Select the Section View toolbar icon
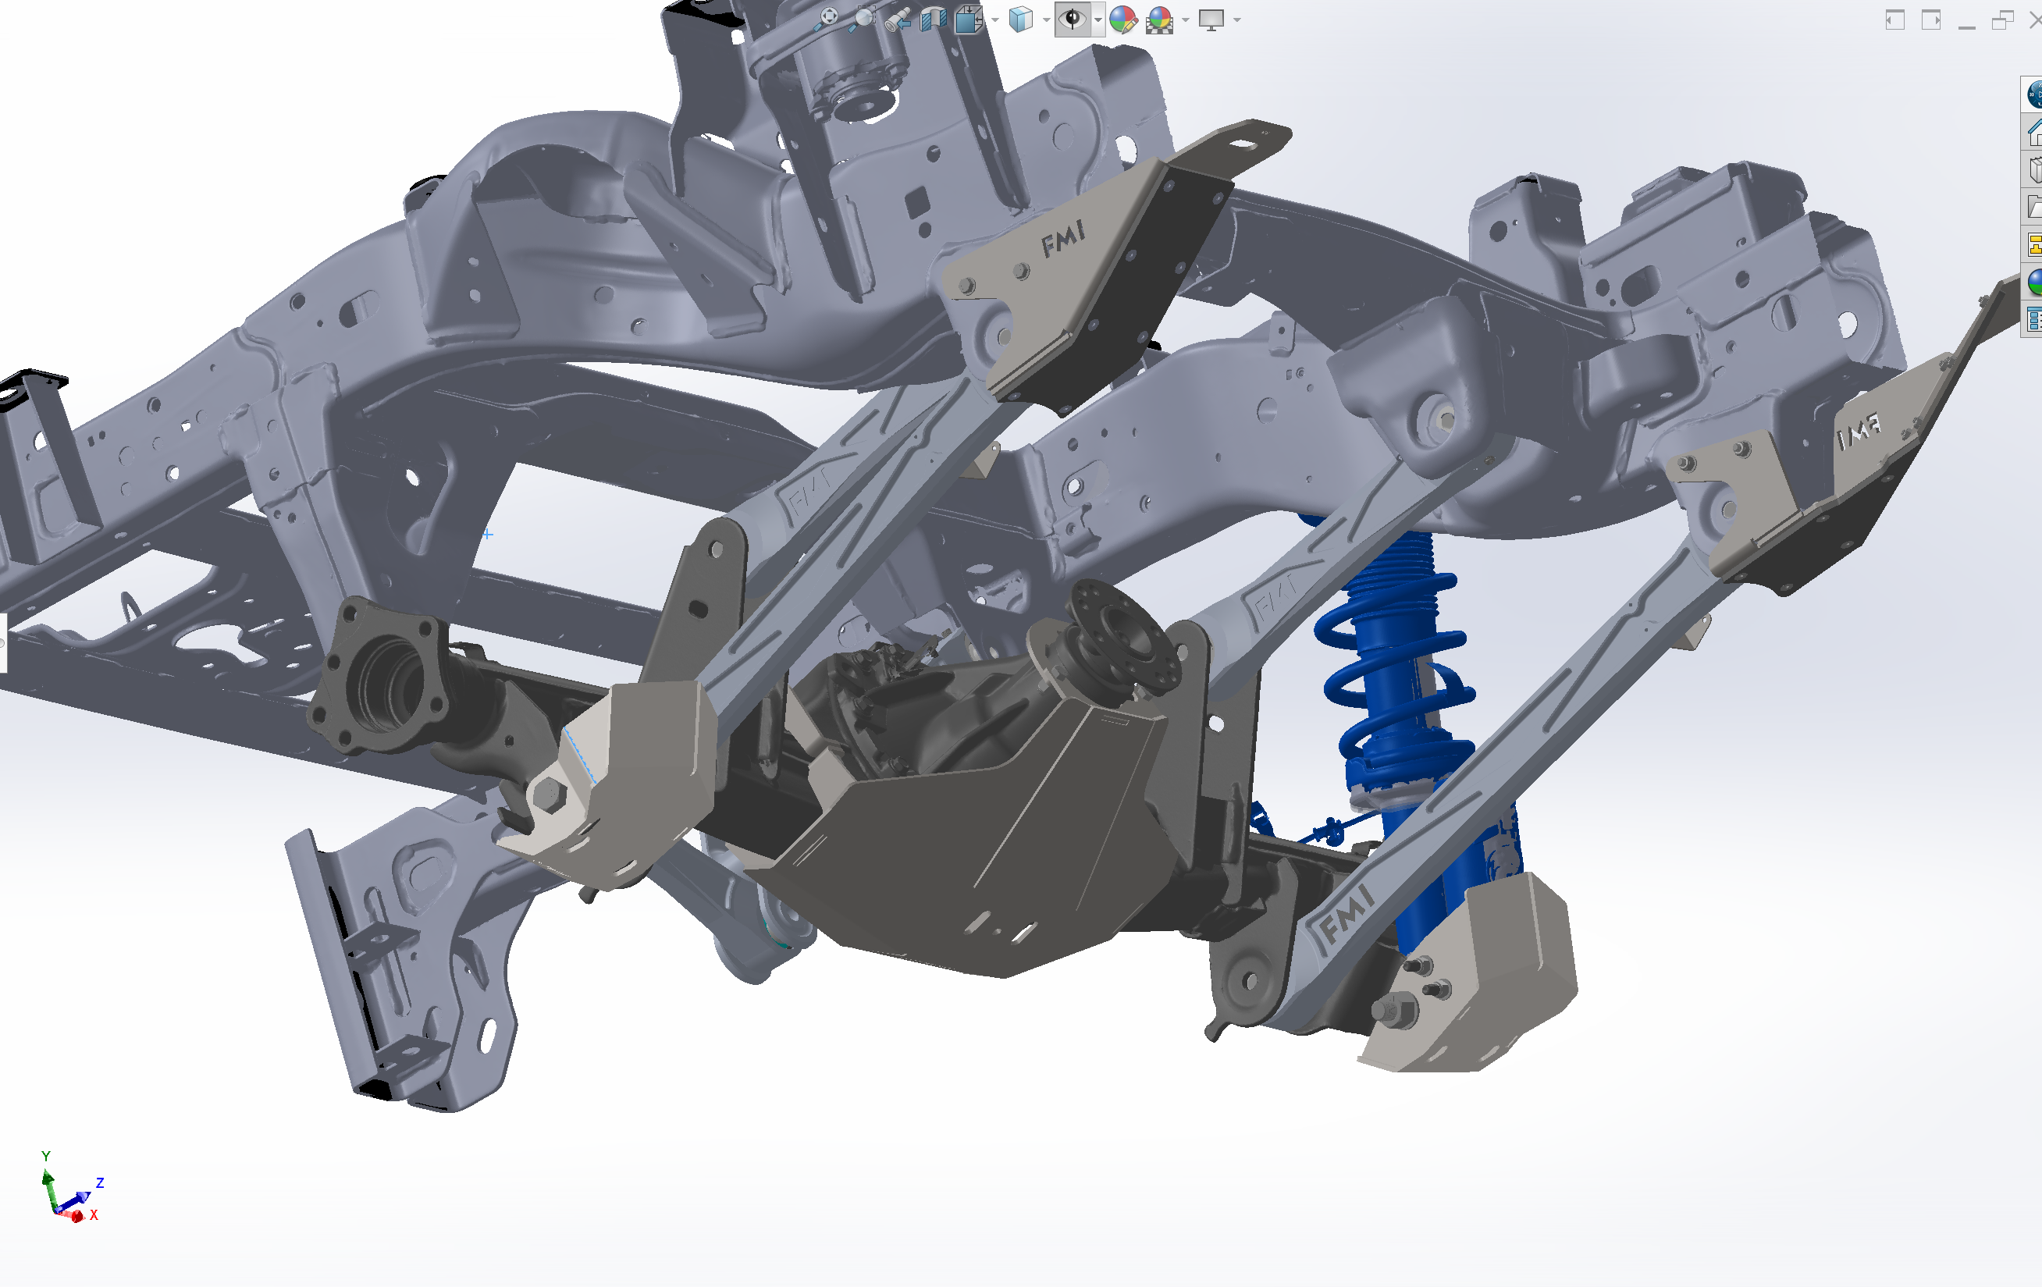coord(934,20)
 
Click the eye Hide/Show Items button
coord(1073,20)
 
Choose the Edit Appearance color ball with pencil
coord(1122,20)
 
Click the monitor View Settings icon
coord(1211,20)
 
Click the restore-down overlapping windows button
coord(2002,20)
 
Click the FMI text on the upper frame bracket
coord(1062,238)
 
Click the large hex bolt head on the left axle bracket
coord(549,795)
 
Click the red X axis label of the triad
coord(94,1215)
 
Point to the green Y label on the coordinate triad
coord(46,1157)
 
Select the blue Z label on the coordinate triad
coord(100,1182)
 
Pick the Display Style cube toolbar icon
coord(1021,20)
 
